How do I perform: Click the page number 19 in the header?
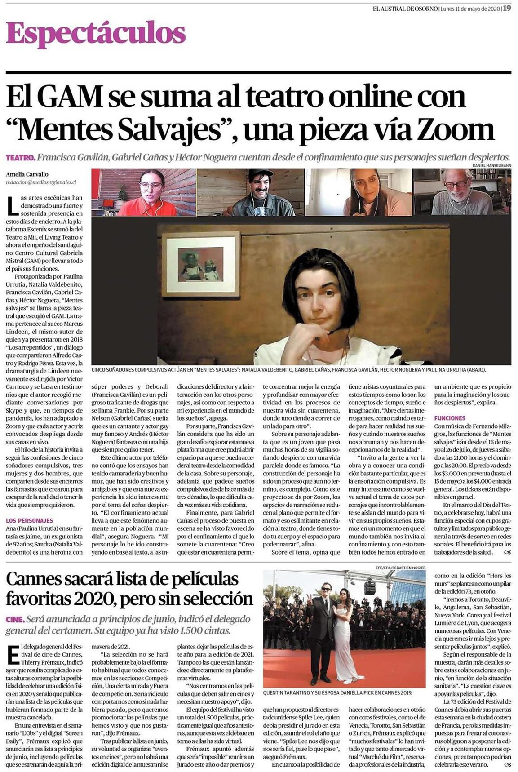(506, 8)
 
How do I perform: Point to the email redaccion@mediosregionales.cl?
(41, 182)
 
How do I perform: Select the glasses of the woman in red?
(151, 184)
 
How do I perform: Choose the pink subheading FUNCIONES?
(450, 418)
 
